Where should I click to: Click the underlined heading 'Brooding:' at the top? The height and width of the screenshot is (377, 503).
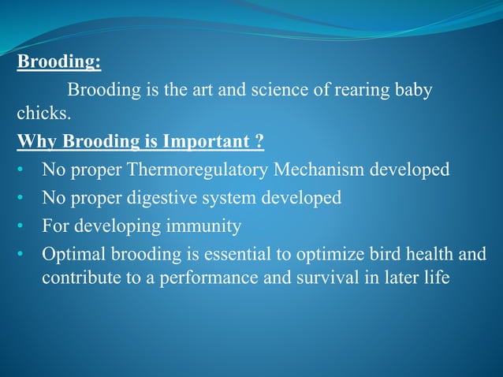click(59, 62)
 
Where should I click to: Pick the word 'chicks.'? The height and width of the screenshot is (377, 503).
click(43, 116)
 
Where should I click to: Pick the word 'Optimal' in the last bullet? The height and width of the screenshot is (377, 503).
click(72, 254)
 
